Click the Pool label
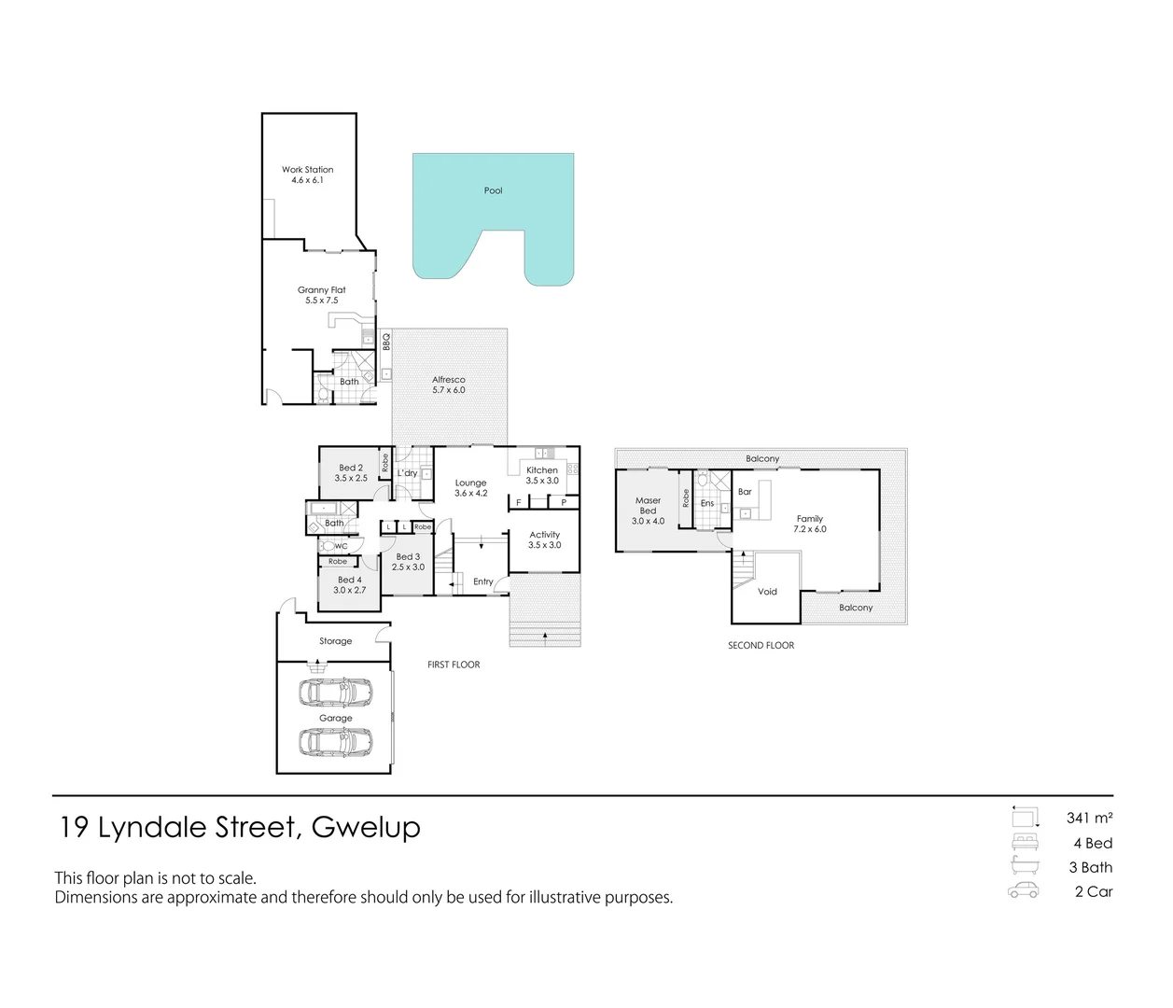click(493, 190)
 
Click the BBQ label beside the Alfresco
click(385, 343)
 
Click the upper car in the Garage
click(335, 693)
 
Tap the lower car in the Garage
click(335, 742)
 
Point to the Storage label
click(336, 641)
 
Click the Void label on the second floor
click(767, 592)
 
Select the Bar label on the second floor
click(745, 492)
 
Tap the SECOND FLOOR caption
click(761, 645)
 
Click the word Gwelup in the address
click(366, 827)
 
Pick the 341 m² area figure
click(1089, 819)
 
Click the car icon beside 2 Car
click(1024, 890)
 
